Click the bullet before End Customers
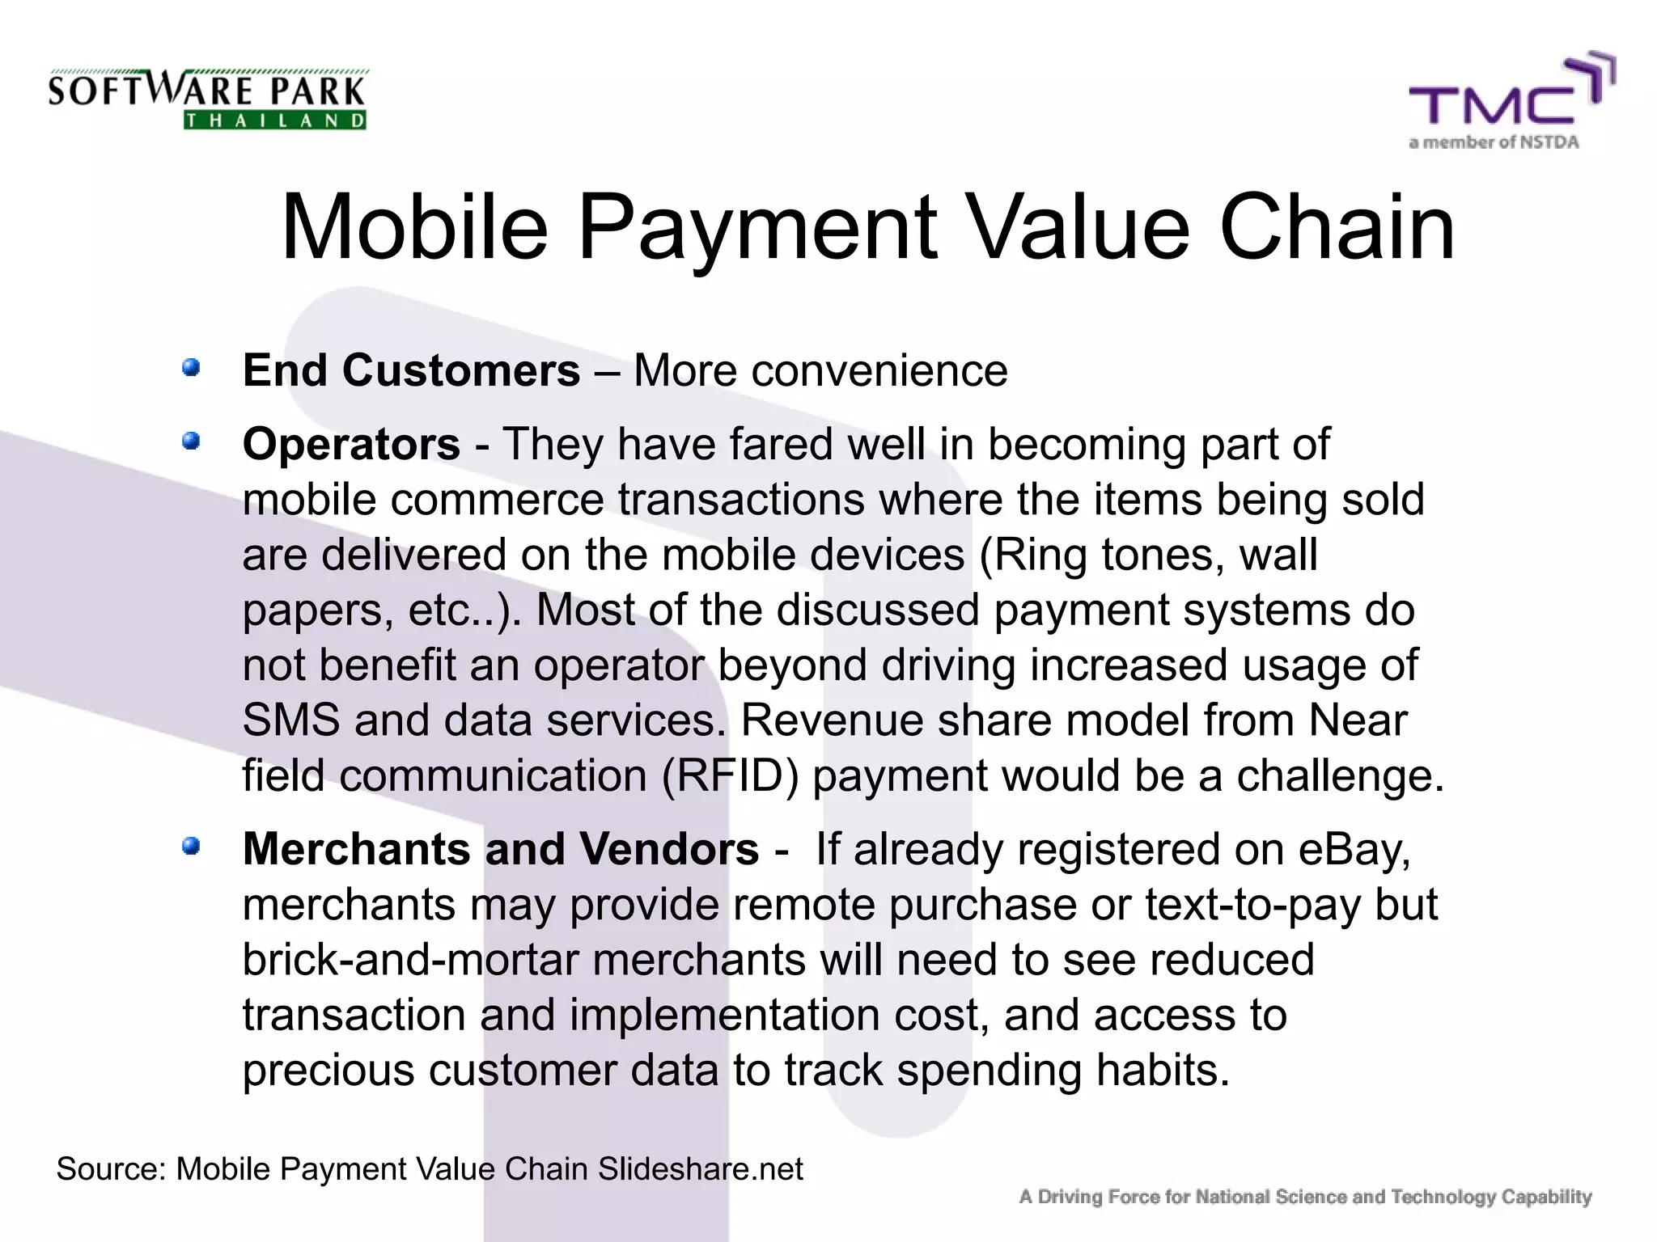click(191, 369)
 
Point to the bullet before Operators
click(191, 441)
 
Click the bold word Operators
click(351, 444)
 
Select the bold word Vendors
click(670, 849)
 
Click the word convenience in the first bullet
click(820, 371)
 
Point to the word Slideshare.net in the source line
click(700, 1169)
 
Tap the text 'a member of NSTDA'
click(1494, 143)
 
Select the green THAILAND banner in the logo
click(275, 120)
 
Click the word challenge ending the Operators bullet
click(1339, 775)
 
